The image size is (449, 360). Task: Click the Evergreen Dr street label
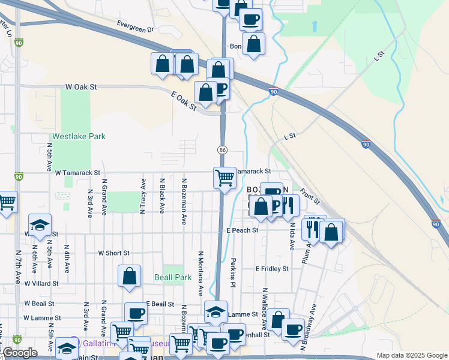point(135,28)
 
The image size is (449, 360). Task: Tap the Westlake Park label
point(79,136)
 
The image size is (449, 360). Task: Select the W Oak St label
point(81,87)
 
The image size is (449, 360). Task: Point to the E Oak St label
point(184,101)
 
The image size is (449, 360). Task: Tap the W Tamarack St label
point(80,172)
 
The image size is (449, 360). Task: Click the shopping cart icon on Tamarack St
point(224,178)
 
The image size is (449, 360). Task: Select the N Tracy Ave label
point(143,196)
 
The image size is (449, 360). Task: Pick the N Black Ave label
point(163,195)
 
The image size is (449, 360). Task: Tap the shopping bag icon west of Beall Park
point(130,277)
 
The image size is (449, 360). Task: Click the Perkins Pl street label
point(233,272)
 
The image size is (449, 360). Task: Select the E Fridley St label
point(272,269)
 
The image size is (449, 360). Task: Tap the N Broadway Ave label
point(312,324)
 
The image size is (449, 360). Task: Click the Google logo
point(20,353)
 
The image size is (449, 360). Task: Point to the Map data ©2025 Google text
point(411,355)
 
